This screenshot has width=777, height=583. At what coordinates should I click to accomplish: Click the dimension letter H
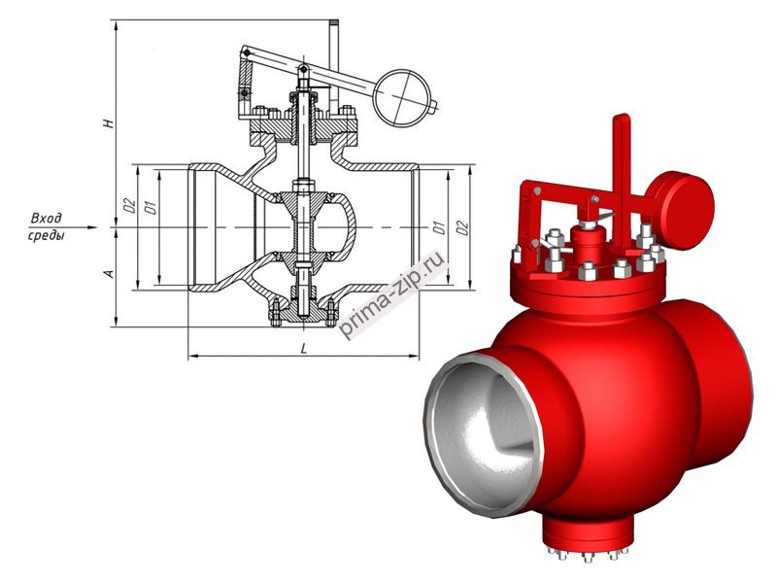coord(110,123)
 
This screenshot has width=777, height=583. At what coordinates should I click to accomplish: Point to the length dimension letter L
coord(305,347)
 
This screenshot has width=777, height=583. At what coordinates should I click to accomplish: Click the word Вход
coord(47,217)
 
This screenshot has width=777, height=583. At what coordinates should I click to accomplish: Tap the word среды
coord(47,236)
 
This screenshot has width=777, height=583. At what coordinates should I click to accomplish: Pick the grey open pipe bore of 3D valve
coord(483,424)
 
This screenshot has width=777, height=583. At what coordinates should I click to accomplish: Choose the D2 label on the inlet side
coord(127,205)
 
